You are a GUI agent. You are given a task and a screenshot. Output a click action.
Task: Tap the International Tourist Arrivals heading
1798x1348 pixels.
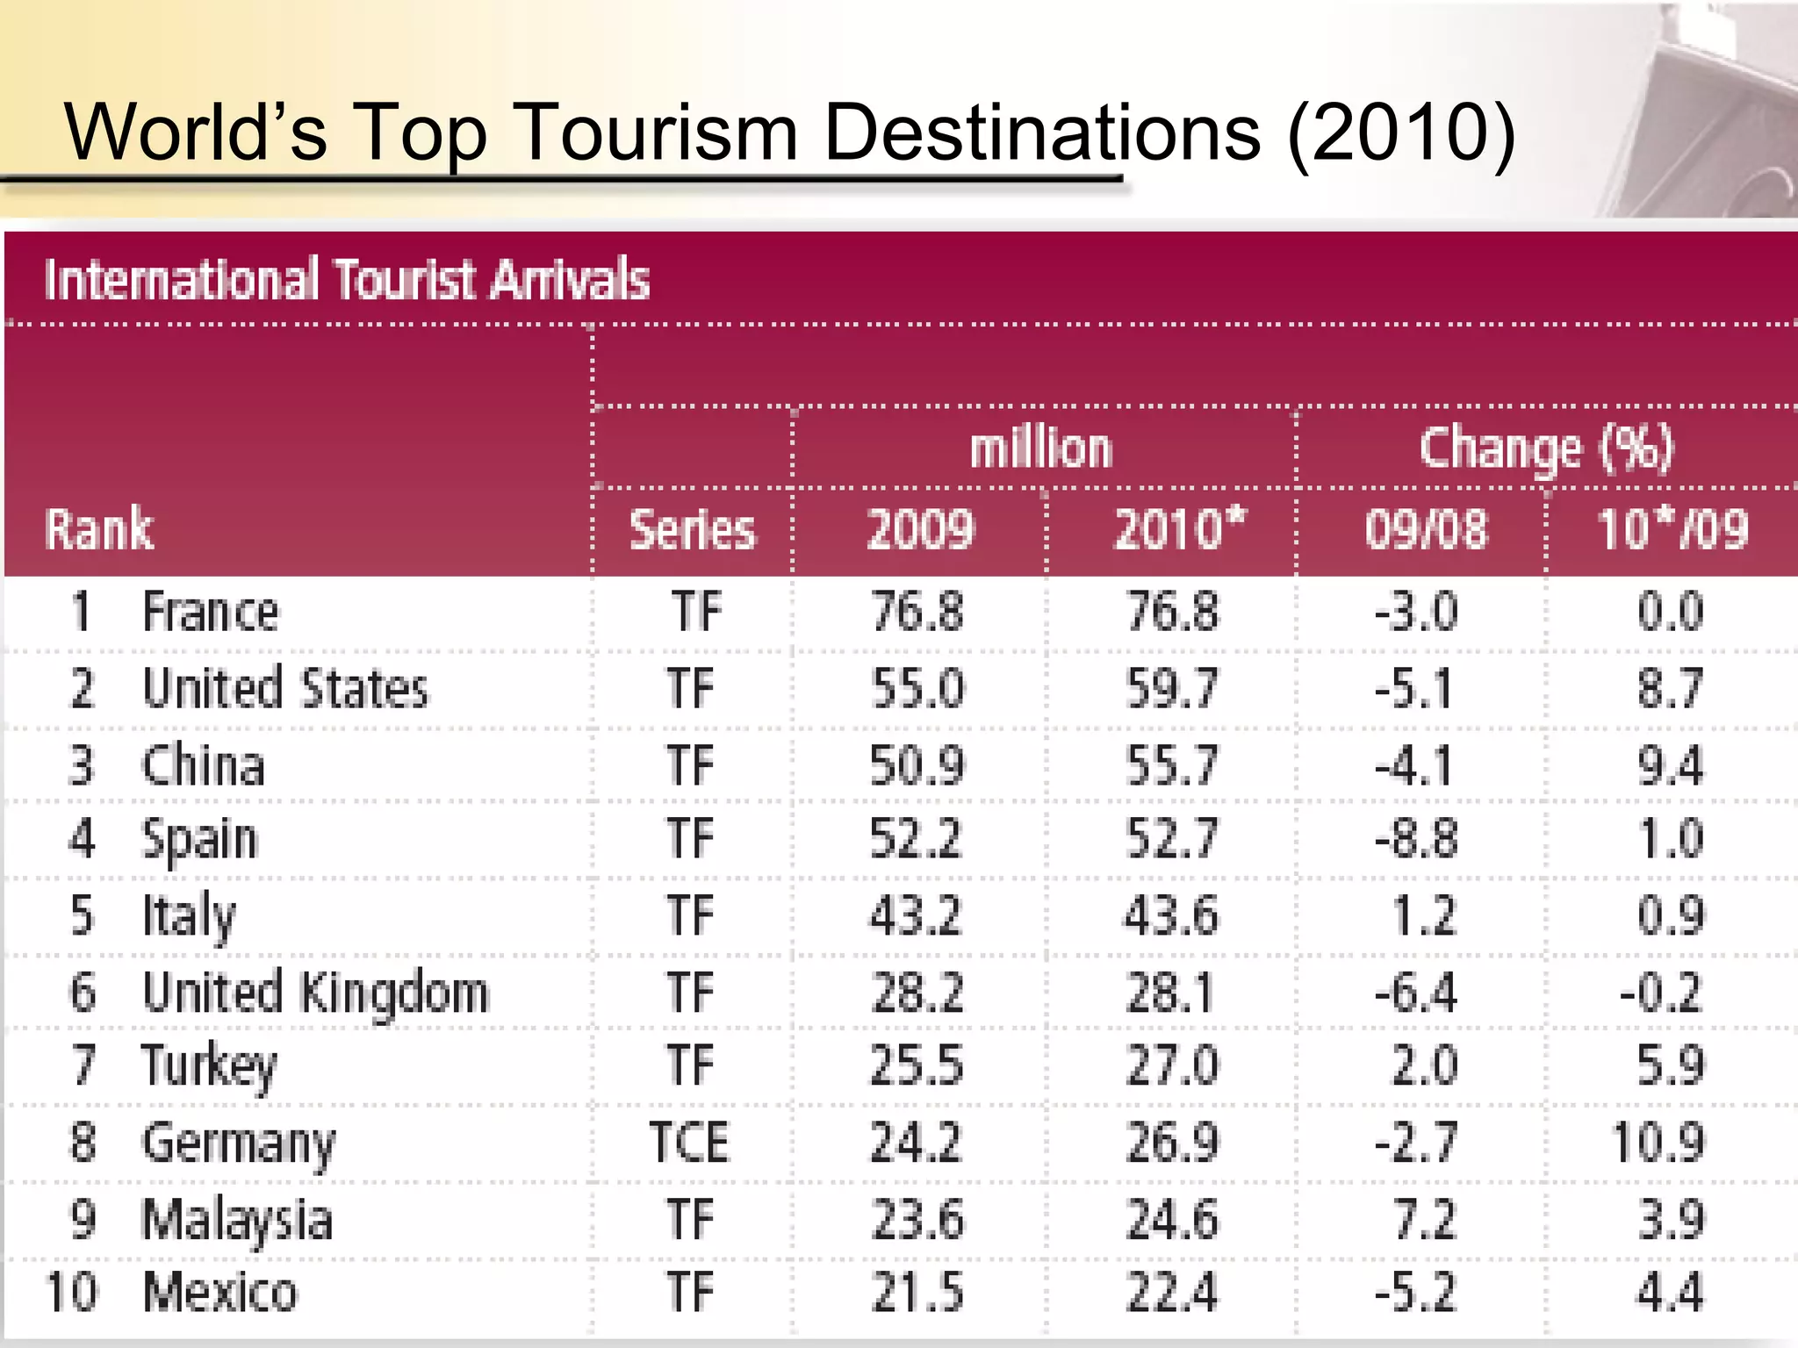[347, 280]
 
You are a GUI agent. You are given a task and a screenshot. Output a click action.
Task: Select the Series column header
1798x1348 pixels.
[692, 530]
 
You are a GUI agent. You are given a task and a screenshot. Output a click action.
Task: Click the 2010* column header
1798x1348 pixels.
[1179, 529]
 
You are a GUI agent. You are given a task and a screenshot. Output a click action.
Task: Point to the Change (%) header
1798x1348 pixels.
[1547, 449]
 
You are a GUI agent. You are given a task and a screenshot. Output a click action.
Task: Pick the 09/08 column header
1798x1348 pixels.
[1426, 530]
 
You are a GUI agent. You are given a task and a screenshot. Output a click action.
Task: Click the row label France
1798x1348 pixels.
[211, 612]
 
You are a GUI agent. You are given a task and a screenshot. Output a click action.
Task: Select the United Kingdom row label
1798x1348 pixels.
[315, 993]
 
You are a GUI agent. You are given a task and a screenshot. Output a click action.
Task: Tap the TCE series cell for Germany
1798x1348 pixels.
[689, 1143]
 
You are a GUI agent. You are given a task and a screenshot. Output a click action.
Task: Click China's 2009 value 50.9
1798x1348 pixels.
[917, 764]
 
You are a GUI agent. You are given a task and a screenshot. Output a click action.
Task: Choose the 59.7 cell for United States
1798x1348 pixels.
[1173, 688]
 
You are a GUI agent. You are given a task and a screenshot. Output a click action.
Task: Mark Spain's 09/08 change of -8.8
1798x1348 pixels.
[1416, 839]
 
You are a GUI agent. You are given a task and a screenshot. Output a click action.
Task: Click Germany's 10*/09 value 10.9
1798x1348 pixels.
[1658, 1143]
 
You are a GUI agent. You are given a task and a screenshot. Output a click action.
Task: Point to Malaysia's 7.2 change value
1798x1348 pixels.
[1424, 1219]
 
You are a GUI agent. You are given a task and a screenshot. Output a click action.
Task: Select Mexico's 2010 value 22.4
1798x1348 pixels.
[1172, 1293]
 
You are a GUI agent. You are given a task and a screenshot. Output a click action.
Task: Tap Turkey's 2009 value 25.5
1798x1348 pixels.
[917, 1065]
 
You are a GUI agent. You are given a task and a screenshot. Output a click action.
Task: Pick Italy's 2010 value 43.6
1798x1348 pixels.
[1172, 915]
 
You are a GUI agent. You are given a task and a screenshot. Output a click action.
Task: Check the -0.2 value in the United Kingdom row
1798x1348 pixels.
[1661, 993]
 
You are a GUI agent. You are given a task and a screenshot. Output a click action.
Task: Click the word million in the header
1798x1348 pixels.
[1041, 449]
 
